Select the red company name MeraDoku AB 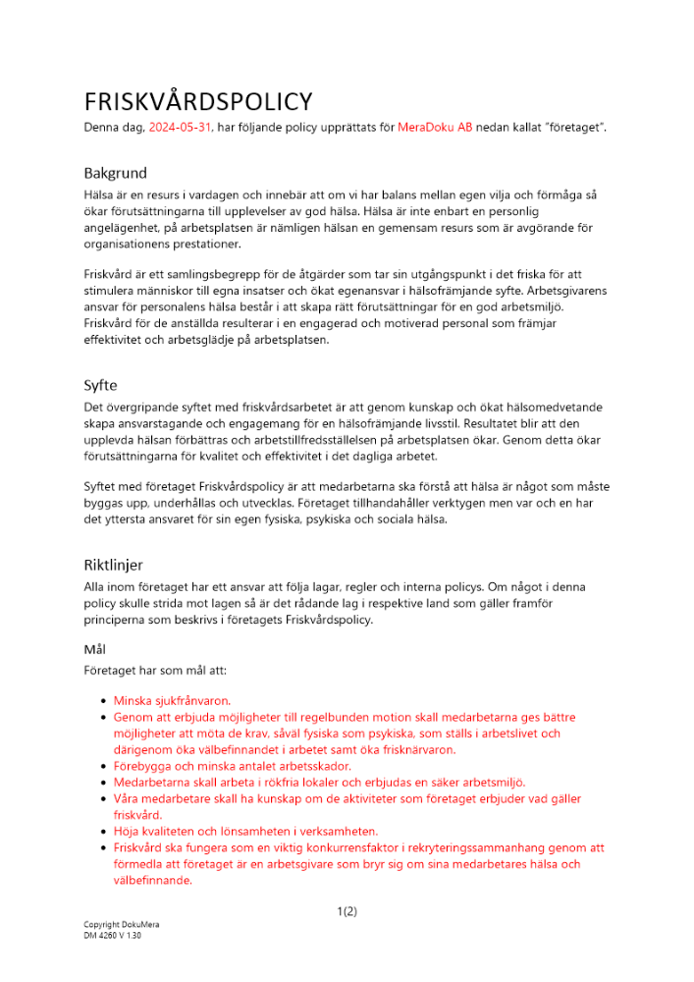(x=435, y=128)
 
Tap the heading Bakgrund (x=115, y=174)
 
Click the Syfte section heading (x=100, y=386)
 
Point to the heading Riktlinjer (x=113, y=565)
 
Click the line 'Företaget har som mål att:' (x=155, y=670)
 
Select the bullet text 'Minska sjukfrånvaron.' (x=172, y=701)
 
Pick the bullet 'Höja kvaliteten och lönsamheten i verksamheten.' (x=245, y=831)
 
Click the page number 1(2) (x=347, y=911)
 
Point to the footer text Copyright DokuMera (x=121, y=925)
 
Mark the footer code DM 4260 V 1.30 (x=112, y=937)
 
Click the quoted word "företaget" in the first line (x=577, y=128)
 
